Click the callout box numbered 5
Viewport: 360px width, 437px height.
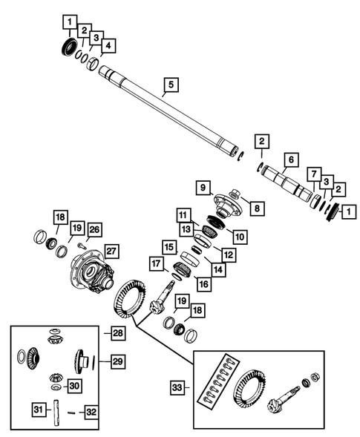point(171,86)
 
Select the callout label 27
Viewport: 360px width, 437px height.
point(111,250)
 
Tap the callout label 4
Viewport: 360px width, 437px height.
point(108,47)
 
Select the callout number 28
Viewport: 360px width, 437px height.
point(118,333)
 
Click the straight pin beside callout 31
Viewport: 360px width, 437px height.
point(55,409)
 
